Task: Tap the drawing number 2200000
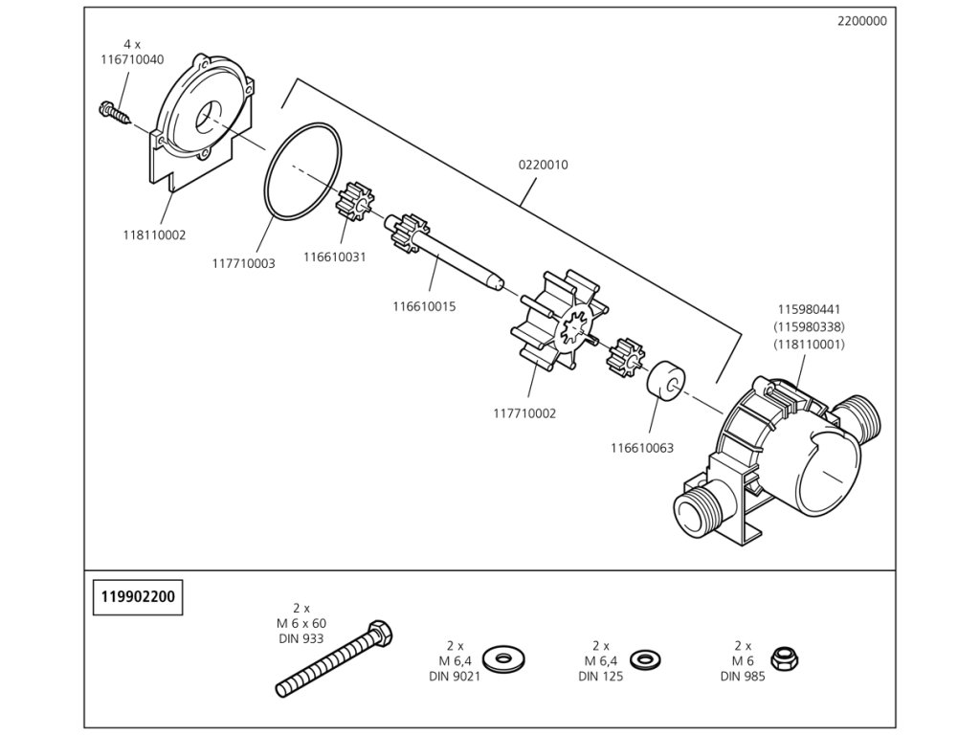[x=861, y=20]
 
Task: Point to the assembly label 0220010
[x=544, y=165]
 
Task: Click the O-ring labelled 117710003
[x=304, y=172]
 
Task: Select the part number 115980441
[x=809, y=310]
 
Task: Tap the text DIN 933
[x=301, y=638]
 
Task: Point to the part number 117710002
[x=524, y=414]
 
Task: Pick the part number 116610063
[x=642, y=447]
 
